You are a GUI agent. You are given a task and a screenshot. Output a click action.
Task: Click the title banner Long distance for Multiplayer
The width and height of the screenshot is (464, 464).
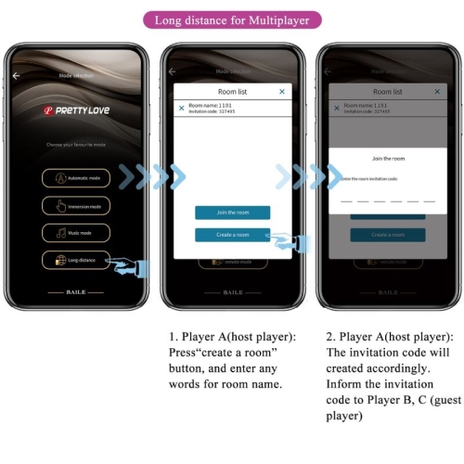coord(232,19)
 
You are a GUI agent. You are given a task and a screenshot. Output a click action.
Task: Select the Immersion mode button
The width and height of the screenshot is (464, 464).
coord(76,206)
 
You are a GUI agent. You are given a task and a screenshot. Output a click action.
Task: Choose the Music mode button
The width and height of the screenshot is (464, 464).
coord(76,233)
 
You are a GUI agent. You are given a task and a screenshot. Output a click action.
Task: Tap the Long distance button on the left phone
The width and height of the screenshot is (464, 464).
coord(76,261)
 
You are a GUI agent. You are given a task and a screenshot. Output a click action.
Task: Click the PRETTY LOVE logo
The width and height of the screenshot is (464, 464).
coord(77,110)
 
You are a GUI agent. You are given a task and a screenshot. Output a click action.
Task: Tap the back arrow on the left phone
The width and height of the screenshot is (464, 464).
coord(16,75)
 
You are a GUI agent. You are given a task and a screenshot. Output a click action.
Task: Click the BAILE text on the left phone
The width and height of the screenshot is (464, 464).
coord(77,291)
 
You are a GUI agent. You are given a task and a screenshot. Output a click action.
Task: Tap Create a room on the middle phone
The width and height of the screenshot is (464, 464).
coord(232,235)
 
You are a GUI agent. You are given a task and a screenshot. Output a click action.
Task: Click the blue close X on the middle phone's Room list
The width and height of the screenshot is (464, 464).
coord(282,92)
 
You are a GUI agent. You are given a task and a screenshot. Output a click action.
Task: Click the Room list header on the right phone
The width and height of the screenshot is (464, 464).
coord(388,92)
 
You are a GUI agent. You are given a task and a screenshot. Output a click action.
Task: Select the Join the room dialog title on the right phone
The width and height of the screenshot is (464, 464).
coord(388,159)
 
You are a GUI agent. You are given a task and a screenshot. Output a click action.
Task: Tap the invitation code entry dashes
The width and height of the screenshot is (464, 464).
coord(388,199)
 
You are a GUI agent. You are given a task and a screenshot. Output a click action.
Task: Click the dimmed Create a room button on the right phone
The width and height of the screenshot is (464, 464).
coord(388,235)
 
